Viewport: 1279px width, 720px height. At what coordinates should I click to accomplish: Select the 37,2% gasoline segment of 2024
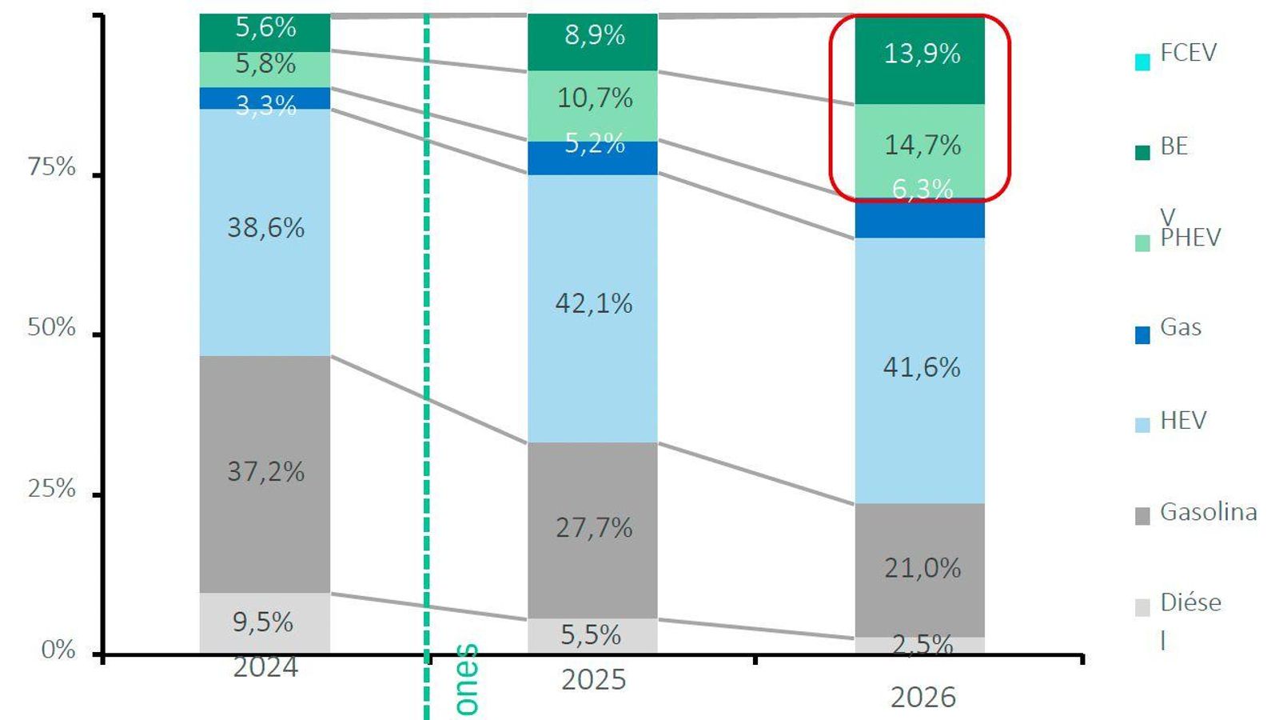click(265, 472)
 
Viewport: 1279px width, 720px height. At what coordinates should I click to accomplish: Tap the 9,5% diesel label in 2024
click(263, 622)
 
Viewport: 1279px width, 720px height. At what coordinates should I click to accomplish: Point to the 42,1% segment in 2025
click(593, 304)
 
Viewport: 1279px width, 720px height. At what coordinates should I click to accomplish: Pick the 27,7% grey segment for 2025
click(593, 528)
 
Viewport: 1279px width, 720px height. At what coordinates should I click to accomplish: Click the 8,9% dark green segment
click(593, 36)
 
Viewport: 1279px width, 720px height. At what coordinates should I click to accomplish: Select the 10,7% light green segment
click(593, 99)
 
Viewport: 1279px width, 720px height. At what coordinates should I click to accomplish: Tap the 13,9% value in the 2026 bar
click(922, 54)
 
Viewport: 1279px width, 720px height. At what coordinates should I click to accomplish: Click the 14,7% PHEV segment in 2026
click(922, 146)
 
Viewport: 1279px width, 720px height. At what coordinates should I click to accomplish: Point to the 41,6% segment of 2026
click(922, 368)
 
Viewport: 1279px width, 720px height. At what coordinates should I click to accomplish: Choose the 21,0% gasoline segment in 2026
click(922, 569)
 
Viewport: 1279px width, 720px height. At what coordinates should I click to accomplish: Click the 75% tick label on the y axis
click(52, 167)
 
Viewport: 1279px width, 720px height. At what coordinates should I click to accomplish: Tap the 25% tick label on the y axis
click(52, 489)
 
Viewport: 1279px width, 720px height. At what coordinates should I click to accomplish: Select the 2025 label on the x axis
click(593, 680)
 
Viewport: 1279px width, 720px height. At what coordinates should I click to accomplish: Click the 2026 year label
click(922, 698)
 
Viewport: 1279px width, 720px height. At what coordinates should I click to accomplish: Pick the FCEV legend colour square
click(1142, 62)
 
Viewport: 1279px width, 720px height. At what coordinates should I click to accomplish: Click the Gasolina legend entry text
click(1208, 512)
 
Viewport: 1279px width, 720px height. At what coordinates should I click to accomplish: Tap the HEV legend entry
click(1182, 421)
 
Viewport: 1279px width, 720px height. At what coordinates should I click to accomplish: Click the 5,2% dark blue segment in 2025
click(593, 158)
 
